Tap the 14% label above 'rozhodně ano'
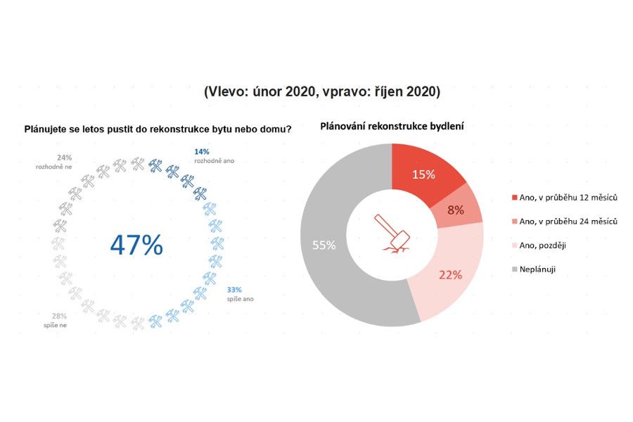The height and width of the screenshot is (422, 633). [201, 151]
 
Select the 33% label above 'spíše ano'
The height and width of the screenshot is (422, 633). [234, 290]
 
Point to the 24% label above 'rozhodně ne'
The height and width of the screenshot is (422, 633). [65, 158]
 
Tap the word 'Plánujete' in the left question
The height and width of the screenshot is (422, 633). [45, 129]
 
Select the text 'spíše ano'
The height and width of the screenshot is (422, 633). [240, 299]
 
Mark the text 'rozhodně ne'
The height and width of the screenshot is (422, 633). [55, 167]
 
